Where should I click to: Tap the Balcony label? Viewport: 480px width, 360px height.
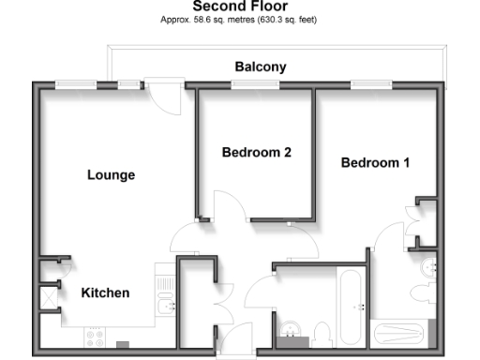260,67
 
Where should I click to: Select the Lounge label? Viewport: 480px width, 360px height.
111,174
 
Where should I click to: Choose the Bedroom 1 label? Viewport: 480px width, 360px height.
375,162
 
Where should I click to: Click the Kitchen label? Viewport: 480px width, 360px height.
105,293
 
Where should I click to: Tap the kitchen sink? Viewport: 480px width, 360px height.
165,305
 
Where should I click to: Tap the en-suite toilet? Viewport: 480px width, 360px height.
430,269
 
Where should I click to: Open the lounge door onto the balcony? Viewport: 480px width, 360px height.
163,97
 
